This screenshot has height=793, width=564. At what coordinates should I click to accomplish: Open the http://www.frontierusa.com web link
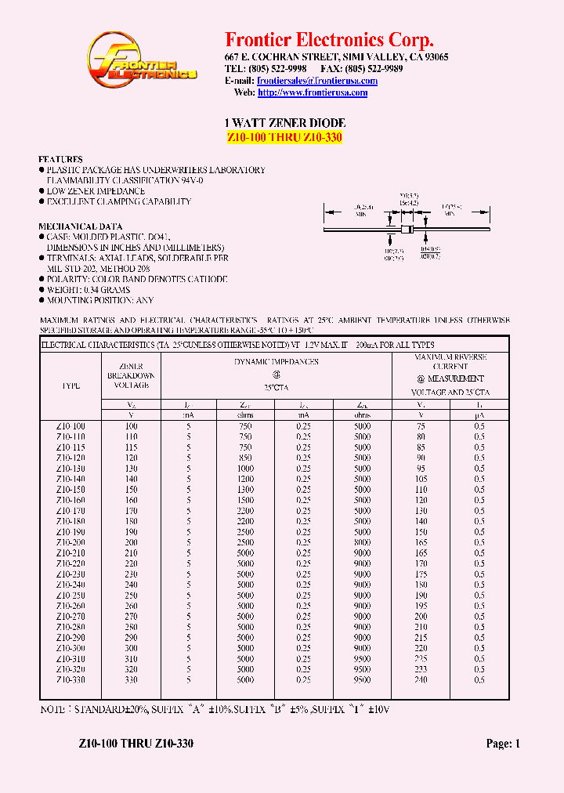tap(313, 92)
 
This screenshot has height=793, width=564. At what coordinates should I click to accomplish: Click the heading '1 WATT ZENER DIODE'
tap(285, 123)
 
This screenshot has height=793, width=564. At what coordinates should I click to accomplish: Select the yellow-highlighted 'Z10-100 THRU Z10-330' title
tap(284, 138)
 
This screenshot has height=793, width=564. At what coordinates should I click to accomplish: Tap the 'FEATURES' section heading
tap(60, 159)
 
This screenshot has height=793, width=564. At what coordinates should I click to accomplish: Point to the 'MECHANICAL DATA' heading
tap(78, 226)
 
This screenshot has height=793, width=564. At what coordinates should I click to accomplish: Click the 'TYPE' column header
tap(70, 386)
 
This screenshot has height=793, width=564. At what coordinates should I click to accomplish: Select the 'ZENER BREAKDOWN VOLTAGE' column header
tap(131, 376)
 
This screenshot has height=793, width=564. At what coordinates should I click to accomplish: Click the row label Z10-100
tap(70, 425)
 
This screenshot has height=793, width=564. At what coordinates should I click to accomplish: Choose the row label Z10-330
tap(70, 680)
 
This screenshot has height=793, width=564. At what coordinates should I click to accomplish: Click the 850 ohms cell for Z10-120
tap(245, 458)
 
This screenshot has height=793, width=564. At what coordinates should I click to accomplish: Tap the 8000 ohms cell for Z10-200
tap(362, 542)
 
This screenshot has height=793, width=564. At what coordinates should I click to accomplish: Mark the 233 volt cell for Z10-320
tap(421, 670)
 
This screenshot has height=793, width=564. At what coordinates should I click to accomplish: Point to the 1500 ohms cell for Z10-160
tap(245, 500)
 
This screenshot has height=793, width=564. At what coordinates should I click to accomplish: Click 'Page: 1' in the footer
tap(503, 744)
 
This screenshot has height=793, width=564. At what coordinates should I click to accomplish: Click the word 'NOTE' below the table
tap(54, 708)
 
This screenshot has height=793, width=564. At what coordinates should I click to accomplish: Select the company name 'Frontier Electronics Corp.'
tap(329, 40)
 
